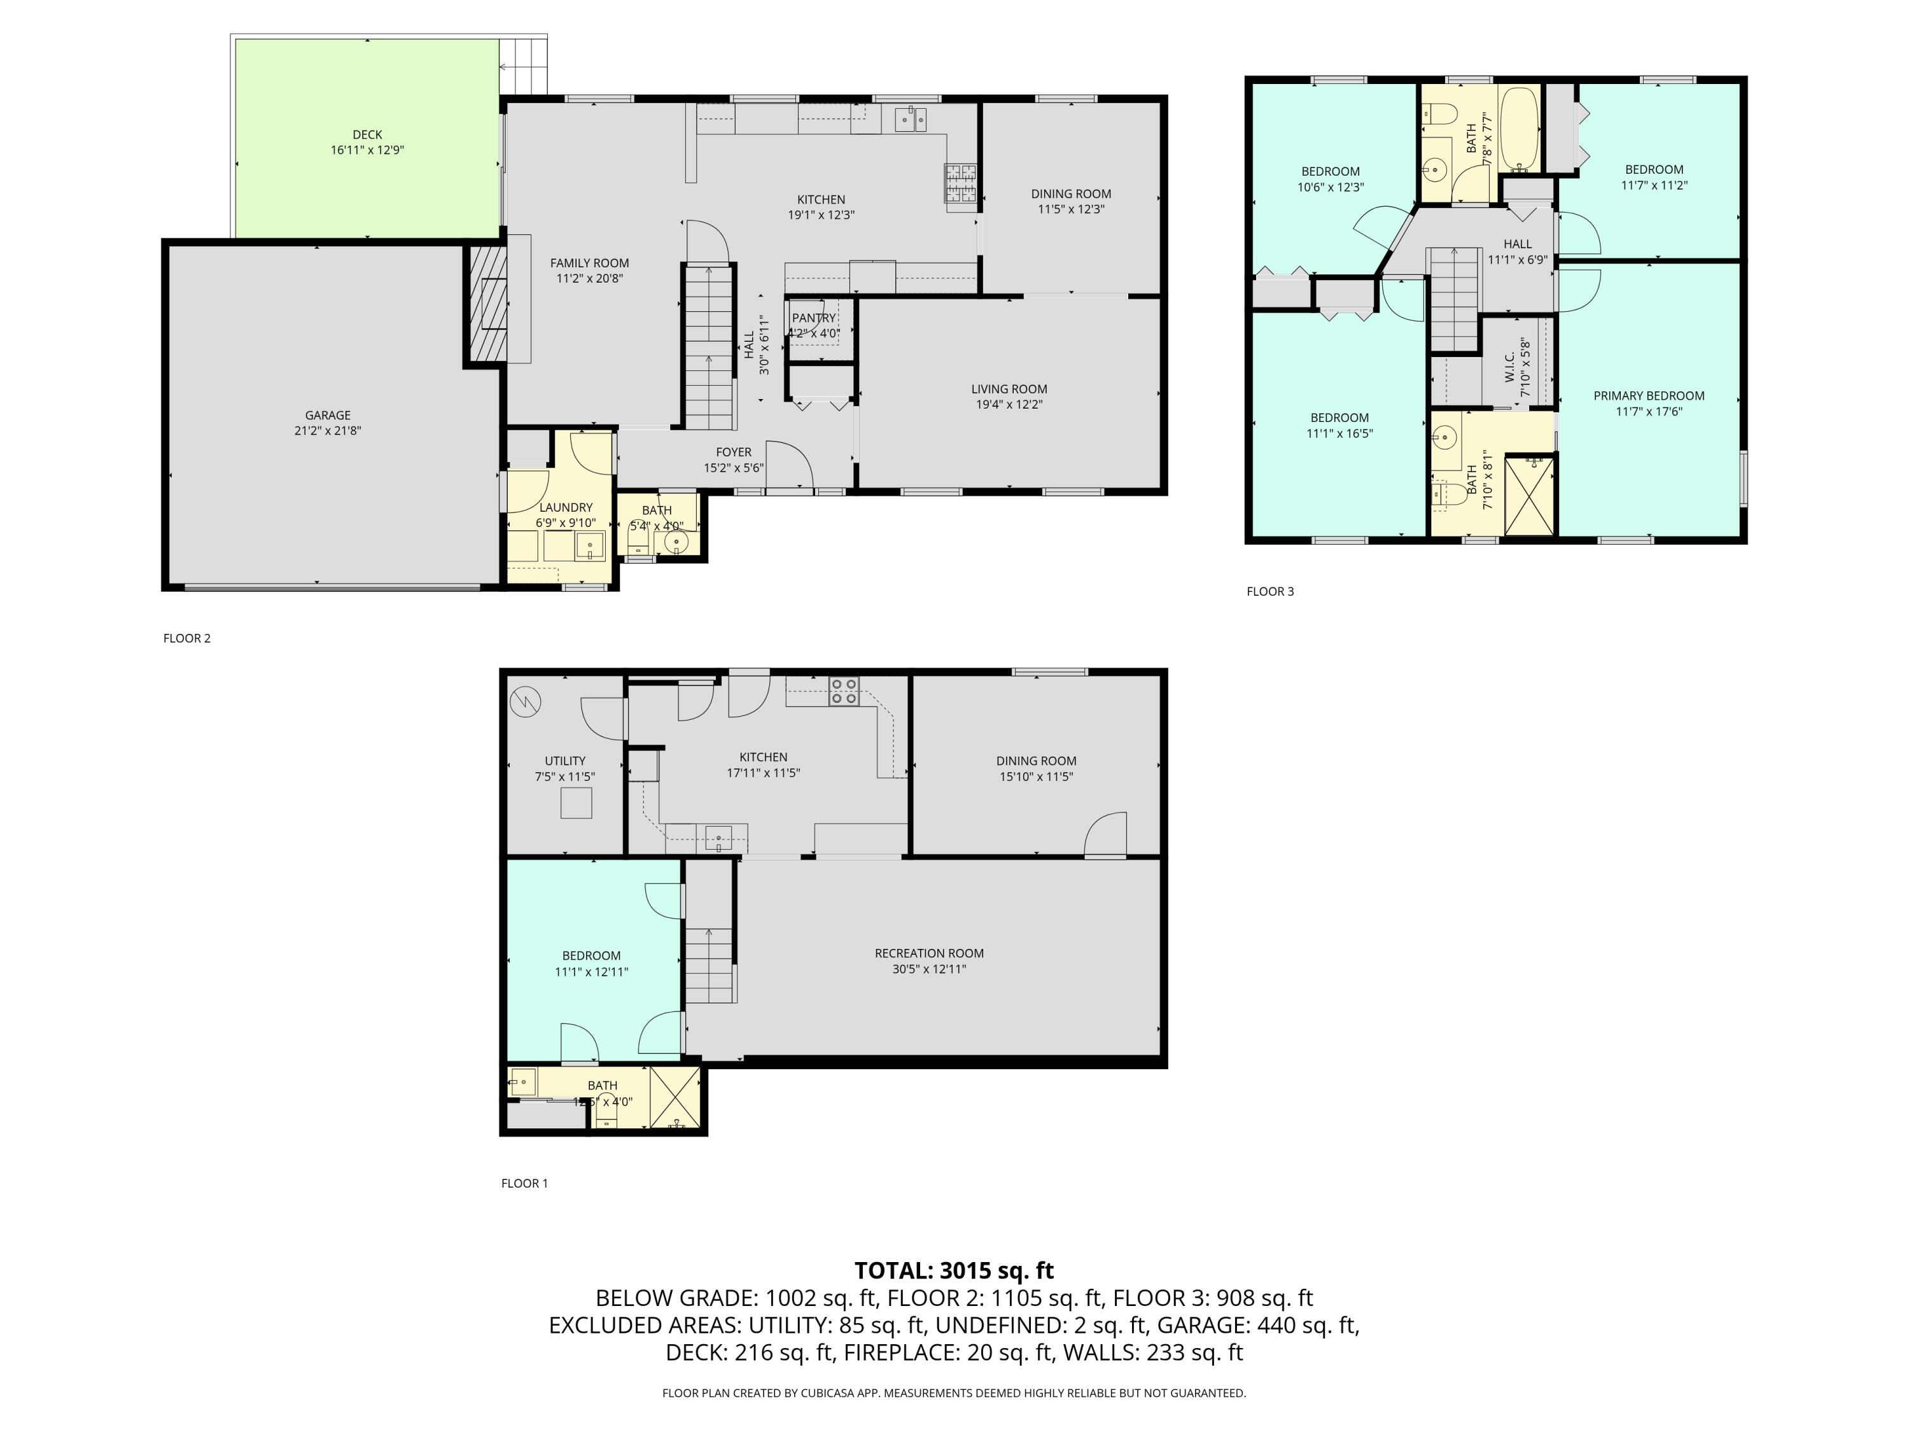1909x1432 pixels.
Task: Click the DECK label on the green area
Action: pos(367,135)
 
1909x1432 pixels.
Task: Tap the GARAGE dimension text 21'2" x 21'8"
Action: pos(327,431)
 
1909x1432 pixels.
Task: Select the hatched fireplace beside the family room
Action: pos(486,304)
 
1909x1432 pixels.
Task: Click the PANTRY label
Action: pos(813,318)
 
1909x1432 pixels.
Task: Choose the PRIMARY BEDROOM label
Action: pos(1648,397)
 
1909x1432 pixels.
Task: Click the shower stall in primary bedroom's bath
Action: pos(1530,495)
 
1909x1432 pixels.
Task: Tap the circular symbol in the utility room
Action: pos(524,702)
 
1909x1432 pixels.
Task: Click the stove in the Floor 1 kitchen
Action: pos(844,691)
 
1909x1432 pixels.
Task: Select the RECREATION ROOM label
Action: pos(928,954)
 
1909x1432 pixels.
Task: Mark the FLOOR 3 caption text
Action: pos(1269,591)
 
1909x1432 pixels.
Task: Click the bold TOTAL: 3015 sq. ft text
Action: pos(954,1270)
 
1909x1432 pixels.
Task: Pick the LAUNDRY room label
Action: pos(565,507)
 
